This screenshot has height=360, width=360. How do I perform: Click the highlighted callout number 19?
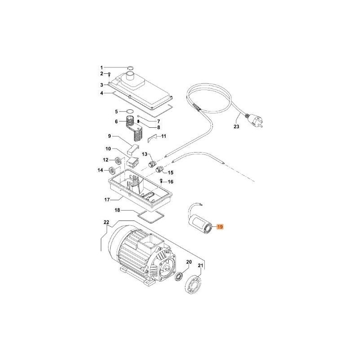point(220,227)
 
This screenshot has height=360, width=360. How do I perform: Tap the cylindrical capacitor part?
point(201,224)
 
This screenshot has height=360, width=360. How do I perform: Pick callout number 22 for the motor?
point(106,222)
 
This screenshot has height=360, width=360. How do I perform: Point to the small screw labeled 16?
point(162,181)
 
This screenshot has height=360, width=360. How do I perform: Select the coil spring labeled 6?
point(130,121)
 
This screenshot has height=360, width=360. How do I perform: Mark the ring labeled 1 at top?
point(130,67)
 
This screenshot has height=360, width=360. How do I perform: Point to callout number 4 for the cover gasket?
point(102,93)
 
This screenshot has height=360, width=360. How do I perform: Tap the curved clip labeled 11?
point(153,137)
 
